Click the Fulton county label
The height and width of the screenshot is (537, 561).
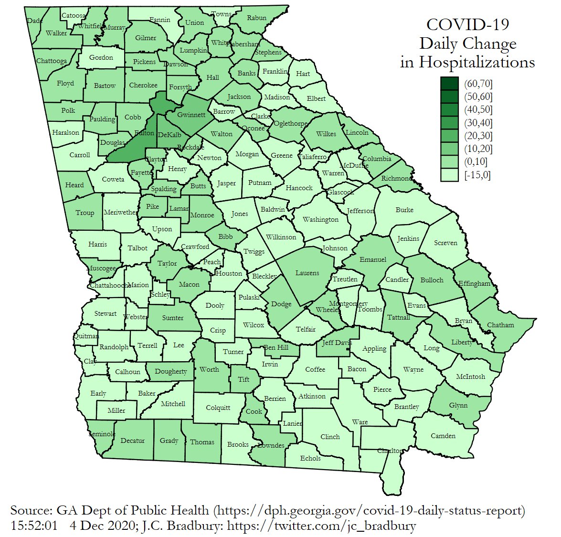point(144,133)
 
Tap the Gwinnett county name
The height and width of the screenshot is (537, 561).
point(191,115)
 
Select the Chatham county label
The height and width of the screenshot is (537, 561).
point(500,325)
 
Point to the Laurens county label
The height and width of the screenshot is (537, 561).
point(307,273)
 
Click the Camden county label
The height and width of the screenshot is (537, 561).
point(443,436)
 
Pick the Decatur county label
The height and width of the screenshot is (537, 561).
point(132,440)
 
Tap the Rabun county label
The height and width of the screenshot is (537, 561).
point(257,18)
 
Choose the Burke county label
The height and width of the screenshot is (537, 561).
point(404,210)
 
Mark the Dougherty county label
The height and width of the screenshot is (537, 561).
point(171,372)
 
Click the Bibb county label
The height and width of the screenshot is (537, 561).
point(226,236)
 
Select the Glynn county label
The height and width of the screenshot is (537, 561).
point(458,406)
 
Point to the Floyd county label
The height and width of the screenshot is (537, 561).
point(65,83)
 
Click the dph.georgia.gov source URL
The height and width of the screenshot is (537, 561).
point(370,510)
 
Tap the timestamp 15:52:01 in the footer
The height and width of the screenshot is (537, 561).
point(34,526)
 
